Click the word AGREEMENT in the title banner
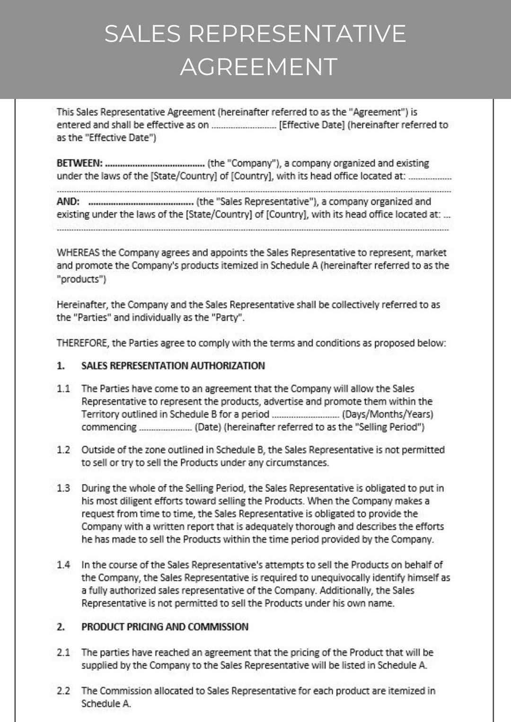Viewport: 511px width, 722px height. [258, 67]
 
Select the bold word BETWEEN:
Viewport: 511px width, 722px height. [79, 163]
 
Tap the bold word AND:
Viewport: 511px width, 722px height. [68, 202]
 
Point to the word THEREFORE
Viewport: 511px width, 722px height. [83, 343]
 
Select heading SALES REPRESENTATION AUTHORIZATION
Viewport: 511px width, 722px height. [173, 366]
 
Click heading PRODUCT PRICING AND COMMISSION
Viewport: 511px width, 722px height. [165, 627]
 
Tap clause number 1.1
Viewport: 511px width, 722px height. [63, 389]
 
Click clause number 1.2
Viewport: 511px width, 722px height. [63, 450]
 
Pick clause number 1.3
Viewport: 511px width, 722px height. [63, 488]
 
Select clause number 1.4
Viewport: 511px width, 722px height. [63, 565]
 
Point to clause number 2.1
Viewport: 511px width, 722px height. [63, 653]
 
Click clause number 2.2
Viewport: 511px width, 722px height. [63, 691]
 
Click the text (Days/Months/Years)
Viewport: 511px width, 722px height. [388, 414]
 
